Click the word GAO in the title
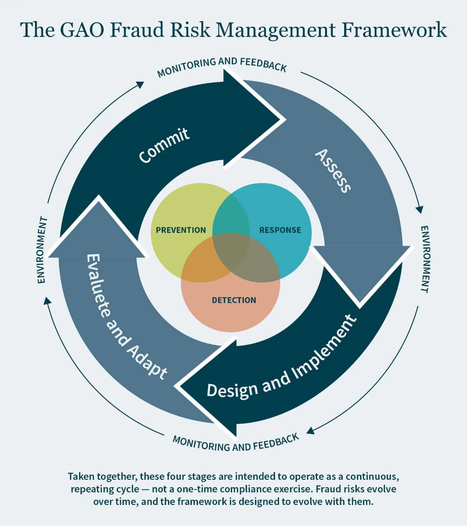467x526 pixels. (82, 29)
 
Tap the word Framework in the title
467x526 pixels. (394, 29)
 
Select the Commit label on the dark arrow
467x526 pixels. (164, 145)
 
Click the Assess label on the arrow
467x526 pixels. (333, 171)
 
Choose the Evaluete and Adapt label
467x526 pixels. (126, 317)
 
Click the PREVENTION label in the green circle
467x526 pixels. (181, 230)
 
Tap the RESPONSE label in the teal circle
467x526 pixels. (280, 230)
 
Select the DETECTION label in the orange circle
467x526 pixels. (234, 300)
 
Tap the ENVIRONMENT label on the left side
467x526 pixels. (42, 250)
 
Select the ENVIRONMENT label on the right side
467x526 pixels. (425, 259)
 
